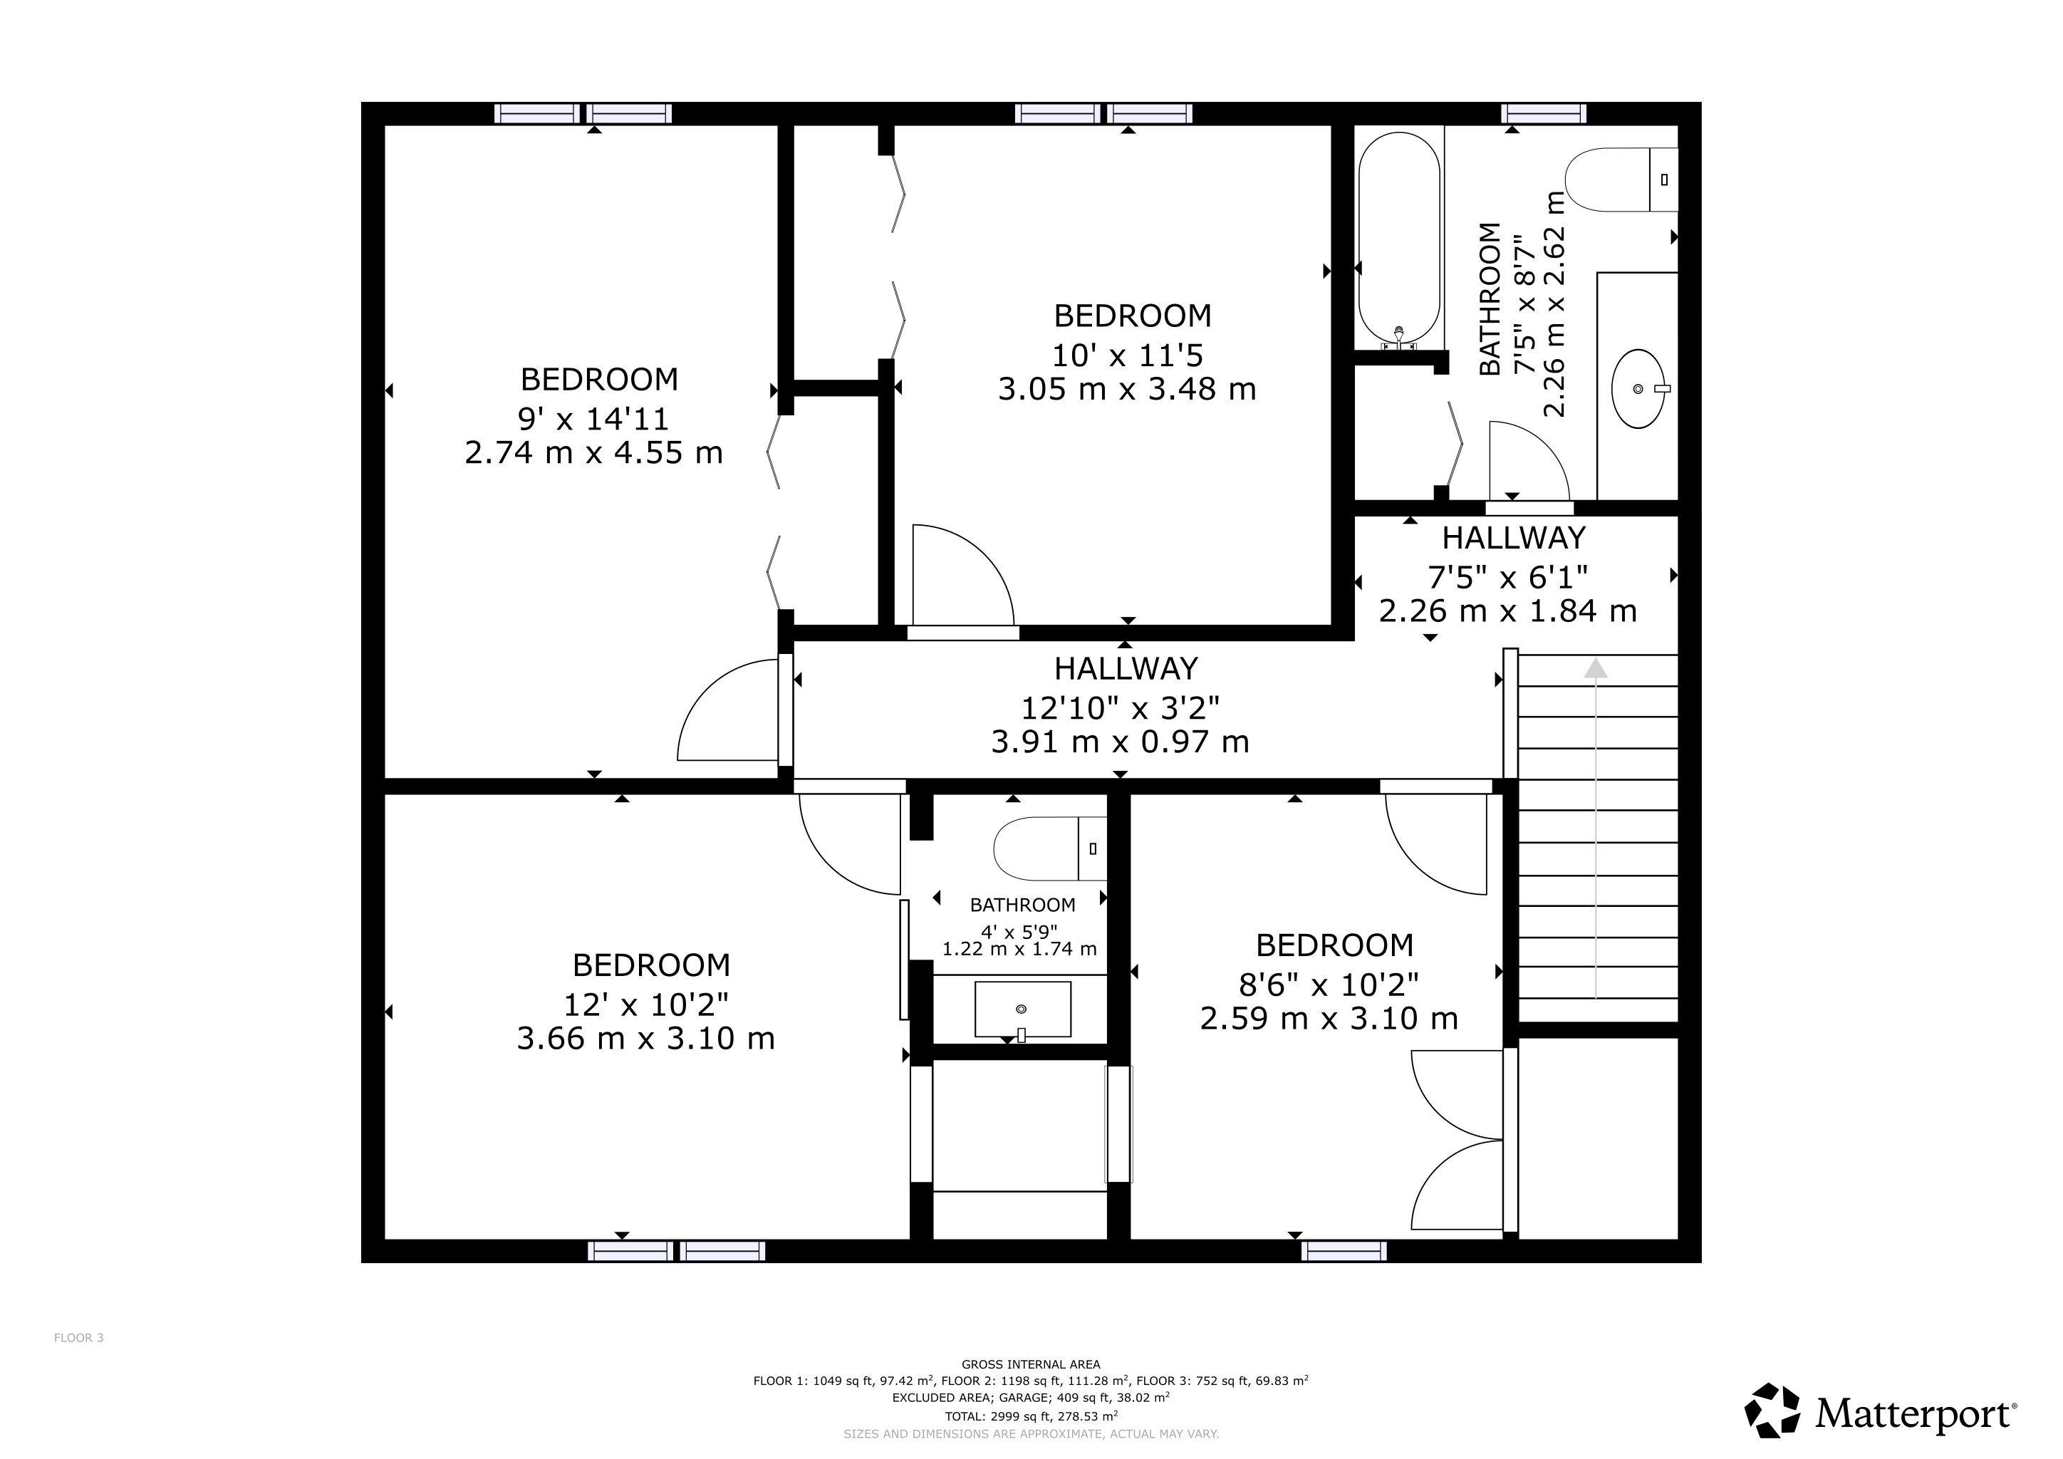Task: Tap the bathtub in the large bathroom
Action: point(1399,241)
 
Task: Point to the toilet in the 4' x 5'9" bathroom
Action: point(1049,848)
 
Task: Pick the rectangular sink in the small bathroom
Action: point(1022,1009)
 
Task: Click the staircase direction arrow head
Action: point(1595,668)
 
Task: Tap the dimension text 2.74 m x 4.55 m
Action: point(594,452)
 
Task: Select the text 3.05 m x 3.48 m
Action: point(1127,389)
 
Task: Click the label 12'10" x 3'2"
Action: point(1121,708)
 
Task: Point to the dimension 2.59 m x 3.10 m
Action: point(1329,1019)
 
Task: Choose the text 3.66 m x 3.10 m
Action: point(645,1039)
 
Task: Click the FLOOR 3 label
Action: point(79,1338)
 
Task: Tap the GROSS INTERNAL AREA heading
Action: point(1031,1364)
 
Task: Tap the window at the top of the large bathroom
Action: point(1544,113)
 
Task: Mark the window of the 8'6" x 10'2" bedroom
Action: point(1344,1250)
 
